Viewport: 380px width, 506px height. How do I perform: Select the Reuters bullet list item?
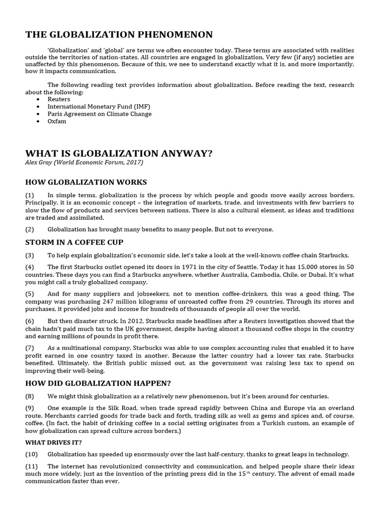(x=59, y=99)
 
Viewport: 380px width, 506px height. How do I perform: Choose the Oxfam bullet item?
(x=57, y=122)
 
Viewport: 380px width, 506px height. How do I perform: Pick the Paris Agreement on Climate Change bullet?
(x=99, y=114)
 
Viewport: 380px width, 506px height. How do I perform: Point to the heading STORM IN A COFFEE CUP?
(x=74, y=242)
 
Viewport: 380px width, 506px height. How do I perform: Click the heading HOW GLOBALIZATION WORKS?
(x=86, y=182)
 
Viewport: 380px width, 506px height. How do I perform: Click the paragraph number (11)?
(x=33, y=467)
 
